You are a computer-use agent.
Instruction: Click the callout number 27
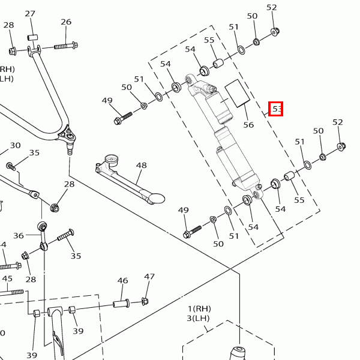point(30,14)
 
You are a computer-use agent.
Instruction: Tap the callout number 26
point(66,22)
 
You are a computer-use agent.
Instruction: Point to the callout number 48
point(141,165)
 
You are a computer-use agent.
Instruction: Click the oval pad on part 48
point(156,196)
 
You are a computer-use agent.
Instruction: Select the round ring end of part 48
point(110,160)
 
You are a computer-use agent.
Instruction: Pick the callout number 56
point(248,125)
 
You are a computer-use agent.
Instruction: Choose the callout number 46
point(122,280)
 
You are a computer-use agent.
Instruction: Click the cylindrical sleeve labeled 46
point(121,303)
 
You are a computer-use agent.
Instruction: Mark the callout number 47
point(149,277)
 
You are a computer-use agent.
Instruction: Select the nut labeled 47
point(145,301)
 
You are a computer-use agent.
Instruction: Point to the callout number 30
point(15,145)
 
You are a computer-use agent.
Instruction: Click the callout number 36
point(19,236)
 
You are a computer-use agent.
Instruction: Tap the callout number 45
point(7,278)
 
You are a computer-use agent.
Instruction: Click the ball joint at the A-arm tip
point(70,140)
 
